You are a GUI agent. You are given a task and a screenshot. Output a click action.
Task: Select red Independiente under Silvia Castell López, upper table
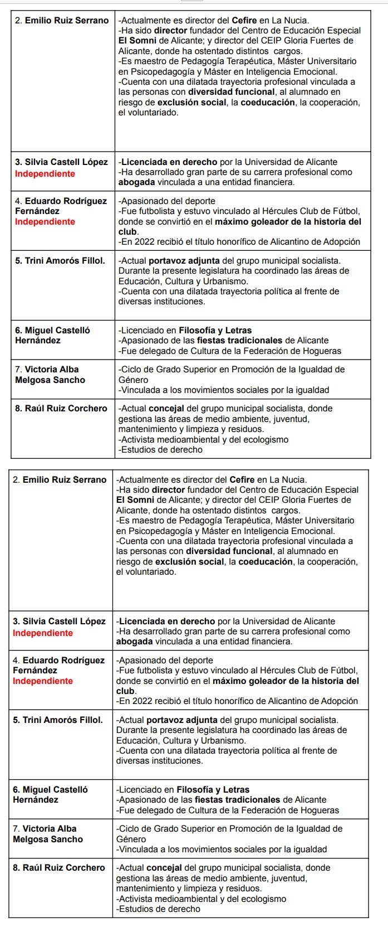point(45,173)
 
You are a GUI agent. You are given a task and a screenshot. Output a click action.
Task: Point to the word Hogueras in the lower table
point(321,810)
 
